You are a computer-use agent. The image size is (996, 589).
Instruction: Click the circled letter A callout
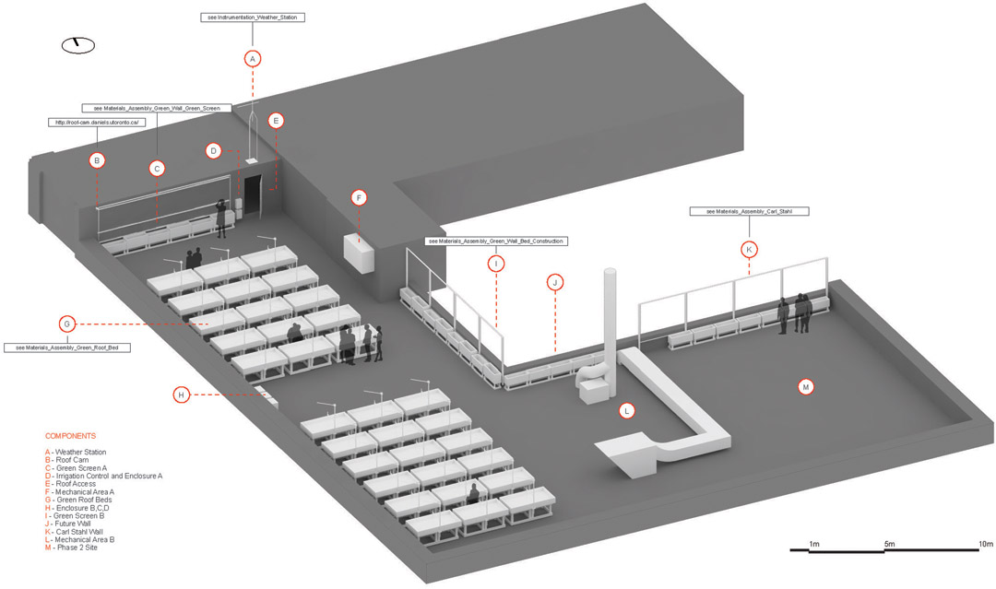(253, 58)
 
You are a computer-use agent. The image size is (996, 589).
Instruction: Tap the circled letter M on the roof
(806, 387)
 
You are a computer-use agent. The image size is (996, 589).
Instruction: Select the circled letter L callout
(627, 411)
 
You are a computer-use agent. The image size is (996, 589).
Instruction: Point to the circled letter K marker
(749, 250)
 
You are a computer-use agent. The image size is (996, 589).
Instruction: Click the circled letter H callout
(182, 395)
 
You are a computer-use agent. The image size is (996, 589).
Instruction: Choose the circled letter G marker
(66, 324)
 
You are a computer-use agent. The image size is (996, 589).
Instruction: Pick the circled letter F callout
(359, 198)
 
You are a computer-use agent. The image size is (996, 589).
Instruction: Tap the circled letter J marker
(555, 282)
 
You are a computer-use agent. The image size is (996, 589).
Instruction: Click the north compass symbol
(77, 44)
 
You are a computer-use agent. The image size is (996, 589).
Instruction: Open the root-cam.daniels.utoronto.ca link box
(97, 122)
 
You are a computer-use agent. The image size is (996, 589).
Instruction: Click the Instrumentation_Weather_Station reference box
(252, 18)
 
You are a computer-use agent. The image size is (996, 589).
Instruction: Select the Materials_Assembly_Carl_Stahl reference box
(749, 211)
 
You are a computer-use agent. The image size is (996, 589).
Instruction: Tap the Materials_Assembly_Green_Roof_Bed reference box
(66, 348)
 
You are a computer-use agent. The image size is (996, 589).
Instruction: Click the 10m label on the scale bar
(985, 545)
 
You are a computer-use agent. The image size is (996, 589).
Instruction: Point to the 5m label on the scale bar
(889, 545)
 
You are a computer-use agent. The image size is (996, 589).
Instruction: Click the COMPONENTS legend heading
(70, 436)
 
